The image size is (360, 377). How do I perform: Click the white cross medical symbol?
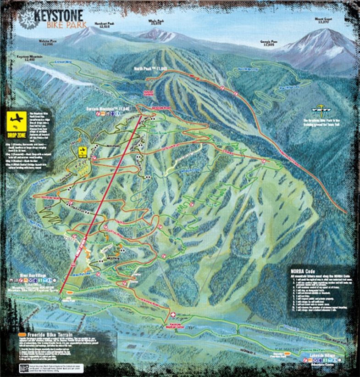coord(173,315)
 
